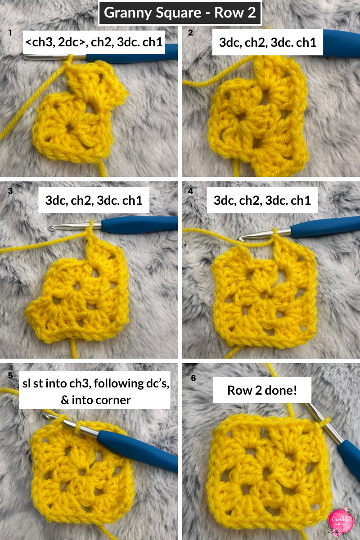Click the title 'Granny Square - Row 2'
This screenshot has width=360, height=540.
180,12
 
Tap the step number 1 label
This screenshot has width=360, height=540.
10,32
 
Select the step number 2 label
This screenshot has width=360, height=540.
191,32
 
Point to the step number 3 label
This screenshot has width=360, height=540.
10,191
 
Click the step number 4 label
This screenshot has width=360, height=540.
191,191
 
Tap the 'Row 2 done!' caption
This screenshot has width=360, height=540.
262,390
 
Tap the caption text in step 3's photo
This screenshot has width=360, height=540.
94,200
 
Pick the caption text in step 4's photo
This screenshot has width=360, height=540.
262,200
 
